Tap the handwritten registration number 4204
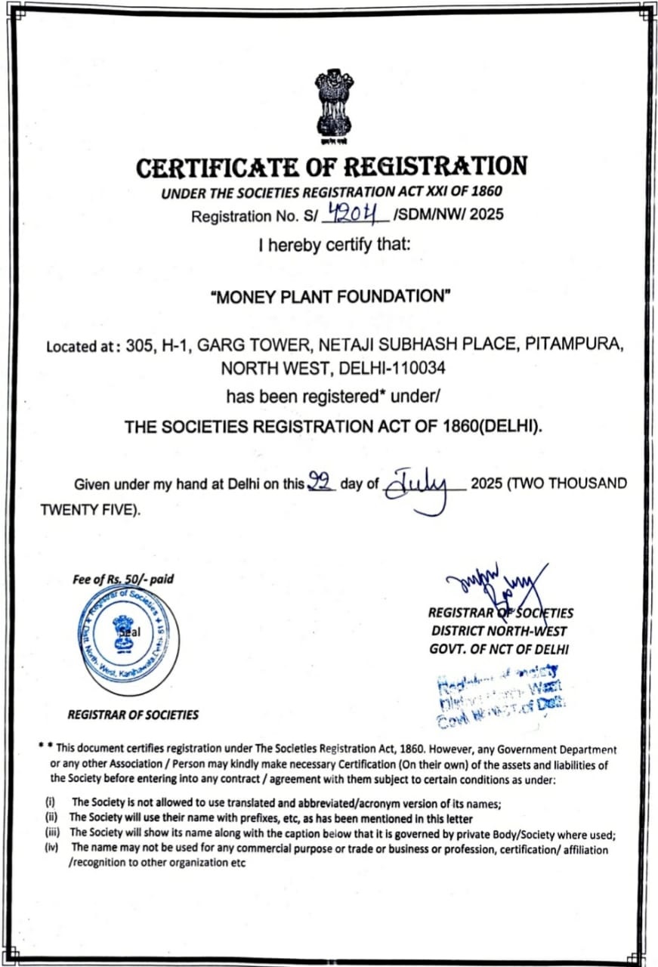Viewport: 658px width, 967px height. [355, 215]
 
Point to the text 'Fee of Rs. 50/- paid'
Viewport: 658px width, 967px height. [122, 579]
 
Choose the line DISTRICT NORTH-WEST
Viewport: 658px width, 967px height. [499, 631]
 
